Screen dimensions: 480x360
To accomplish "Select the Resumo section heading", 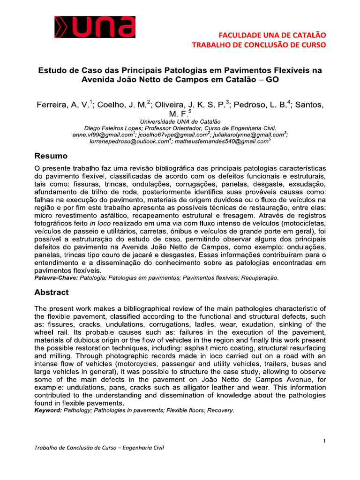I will click(51, 156).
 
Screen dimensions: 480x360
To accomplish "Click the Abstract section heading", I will click(52, 292).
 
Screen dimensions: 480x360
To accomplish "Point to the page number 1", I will click(324, 441).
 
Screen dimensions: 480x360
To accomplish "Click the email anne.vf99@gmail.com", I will click(100, 135).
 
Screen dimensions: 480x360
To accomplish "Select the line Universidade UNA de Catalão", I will click(180, 121).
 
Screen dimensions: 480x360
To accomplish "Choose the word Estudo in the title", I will click(52, 70).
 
